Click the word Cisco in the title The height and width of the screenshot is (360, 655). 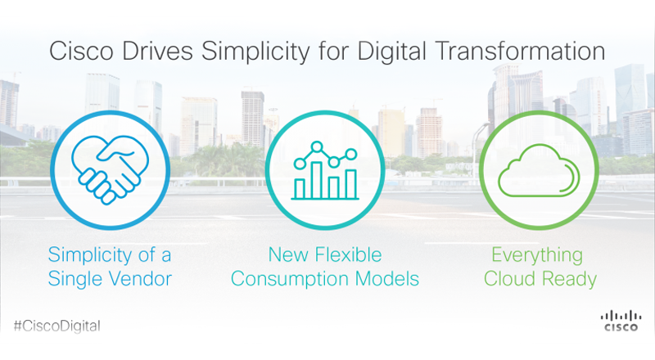tap(81, 51)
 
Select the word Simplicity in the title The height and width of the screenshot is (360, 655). tap(255, 52)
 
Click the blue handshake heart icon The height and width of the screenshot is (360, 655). tap(110, 170)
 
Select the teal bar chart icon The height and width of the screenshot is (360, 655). tap(325, 170)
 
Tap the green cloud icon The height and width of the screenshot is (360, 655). tap(539, 170)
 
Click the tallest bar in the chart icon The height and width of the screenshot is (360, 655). tap(317, 180)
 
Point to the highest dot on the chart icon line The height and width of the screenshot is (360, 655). tap(317, 147)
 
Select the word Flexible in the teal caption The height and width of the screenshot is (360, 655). tap(348, 254)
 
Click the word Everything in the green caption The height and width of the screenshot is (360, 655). tap(537, 255)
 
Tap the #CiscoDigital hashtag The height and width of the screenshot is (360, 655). tap(57, 326)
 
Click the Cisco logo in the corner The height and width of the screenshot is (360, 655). tap(621, 321)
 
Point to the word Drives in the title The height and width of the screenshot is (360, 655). tap(157, 51)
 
